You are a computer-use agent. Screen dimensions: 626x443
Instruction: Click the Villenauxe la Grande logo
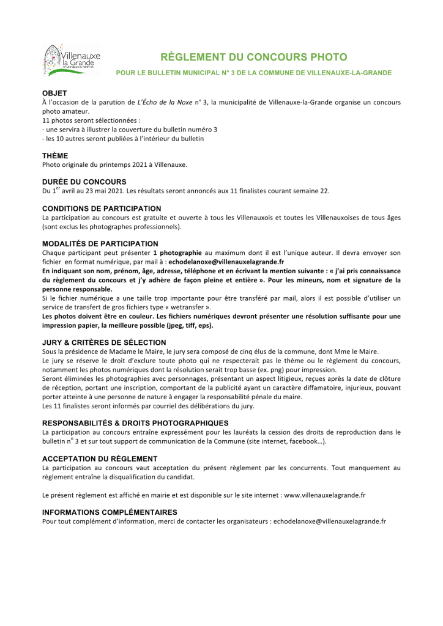(x=71, y=60)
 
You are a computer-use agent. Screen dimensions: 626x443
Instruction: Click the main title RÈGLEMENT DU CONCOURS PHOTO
(x=253, y=57)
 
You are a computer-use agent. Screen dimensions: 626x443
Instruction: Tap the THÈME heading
(x=55, y=156)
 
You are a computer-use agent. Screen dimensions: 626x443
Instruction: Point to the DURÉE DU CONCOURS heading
(x=84, y=182)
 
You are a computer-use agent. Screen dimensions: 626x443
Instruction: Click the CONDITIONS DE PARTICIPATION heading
(x=102, y=208)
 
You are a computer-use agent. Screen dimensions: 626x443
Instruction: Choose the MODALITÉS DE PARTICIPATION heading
(x=100, y=244)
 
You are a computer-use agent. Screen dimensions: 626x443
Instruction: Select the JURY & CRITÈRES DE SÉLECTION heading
(x=104, y=342)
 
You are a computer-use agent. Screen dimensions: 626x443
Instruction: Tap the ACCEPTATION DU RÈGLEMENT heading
(x=100, y=458)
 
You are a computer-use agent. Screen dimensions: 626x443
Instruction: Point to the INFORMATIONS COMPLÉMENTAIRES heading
(x=110, y=512)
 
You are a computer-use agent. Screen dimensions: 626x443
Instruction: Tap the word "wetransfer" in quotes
(x=188, y=307)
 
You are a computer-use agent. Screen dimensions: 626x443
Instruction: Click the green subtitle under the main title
(x=254, y=73)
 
